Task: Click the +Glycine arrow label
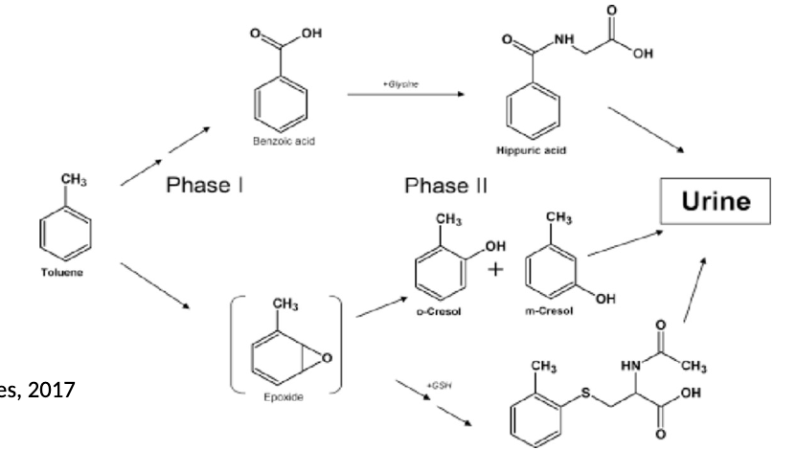click(x=400, y=84)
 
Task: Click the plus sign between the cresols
click(x=495, y=268)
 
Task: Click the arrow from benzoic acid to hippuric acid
click(x=401, y=96)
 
